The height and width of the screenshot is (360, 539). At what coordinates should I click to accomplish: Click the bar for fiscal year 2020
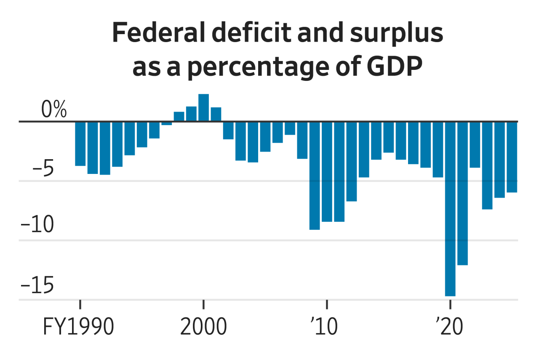pyautogui.click(x=450, y=208)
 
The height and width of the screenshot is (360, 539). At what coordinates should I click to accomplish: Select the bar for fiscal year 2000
pyautogui.click(x=203, y=108)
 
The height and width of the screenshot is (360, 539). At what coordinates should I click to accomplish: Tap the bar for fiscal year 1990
pyautogui.click(x=80, y=144)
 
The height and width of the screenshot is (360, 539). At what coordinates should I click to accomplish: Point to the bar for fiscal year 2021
pyautogui.click(x=462, y=193)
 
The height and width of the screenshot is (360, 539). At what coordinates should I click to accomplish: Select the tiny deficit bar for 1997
pyautogui.click(x=167, y=123)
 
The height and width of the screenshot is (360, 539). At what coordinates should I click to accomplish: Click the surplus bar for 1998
pyautogui.click(x=179, y=117)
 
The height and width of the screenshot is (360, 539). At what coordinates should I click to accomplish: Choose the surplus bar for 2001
pyautogui.click(x=216, y=115)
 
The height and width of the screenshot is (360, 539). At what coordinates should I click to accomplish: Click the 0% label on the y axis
pyautogui.click(x=54, y=110)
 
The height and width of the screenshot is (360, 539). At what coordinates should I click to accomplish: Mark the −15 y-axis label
pyautogui.click(x=37, y=286)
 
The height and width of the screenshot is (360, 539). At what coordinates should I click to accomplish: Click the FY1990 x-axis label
pyautogui.click(x=78, y=328)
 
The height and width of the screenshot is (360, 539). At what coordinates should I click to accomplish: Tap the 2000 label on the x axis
pyautogui.click(x=203, y=328)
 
